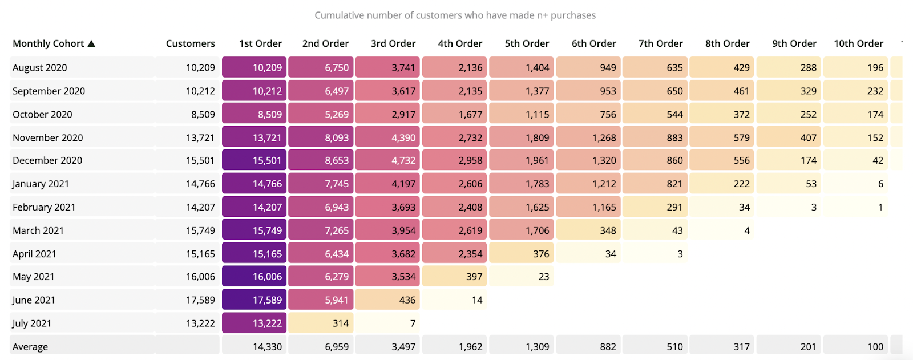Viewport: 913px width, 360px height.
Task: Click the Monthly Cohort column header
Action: pos(49,43)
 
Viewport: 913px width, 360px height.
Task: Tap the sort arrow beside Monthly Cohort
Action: pos(91,43)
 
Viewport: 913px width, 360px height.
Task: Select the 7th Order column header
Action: pos(660,43)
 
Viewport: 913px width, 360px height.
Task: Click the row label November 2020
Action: pos(48,137)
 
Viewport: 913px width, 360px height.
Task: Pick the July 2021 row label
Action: pos(32,323)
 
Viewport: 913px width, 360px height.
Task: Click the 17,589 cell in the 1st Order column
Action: pos(254,300)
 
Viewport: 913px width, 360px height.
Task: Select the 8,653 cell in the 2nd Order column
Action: pos(321,160)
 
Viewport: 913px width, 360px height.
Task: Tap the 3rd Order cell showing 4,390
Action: pos(388,137)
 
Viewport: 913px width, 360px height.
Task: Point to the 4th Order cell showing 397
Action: pos(455,277)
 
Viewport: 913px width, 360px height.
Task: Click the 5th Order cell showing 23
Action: pos(522,277)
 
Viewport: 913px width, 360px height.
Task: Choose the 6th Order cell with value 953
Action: pos(588,91)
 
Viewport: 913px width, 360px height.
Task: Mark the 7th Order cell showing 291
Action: pos(655,207)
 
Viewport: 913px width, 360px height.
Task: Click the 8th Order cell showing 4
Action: pos(722,230)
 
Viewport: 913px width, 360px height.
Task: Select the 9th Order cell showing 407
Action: pos(789,137)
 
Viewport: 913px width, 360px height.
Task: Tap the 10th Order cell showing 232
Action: pos(855,91)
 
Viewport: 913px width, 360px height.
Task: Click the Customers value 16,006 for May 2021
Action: pos(200,277)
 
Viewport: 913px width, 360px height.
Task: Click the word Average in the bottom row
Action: pos(30,346)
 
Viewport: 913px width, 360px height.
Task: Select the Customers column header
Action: pos(190,43)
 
